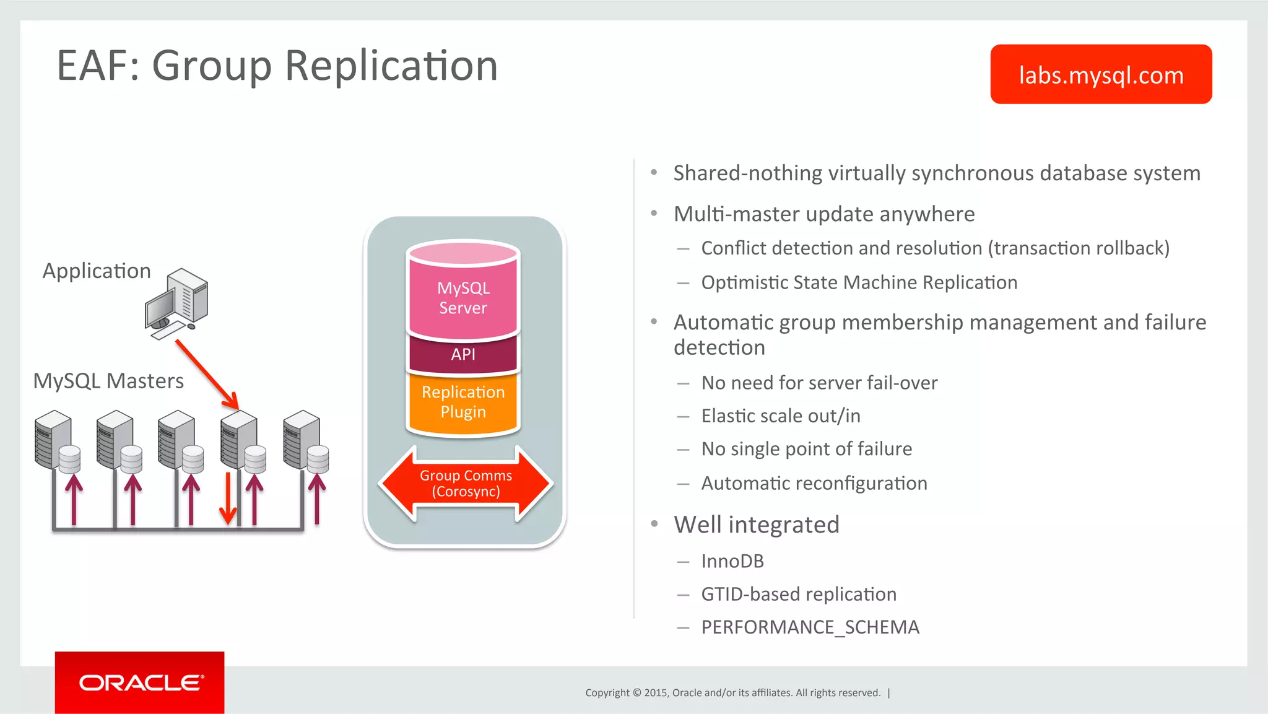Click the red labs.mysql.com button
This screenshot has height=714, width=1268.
pyautogui.click(x=1100, y=74)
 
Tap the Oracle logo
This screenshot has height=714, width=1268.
pyautogui.click(x=140, y=682)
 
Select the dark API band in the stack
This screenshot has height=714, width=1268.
pyautogui.click(x=463, y=354)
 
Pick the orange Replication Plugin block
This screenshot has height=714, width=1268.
pyautogui.click(x=463, y=402)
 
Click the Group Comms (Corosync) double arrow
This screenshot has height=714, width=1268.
pyautogui.click(x=466, y=484)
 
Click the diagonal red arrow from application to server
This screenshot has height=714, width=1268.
pyautogui.click(x=206, y=374)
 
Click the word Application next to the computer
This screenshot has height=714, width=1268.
pyautogui.click(x=97, y=271)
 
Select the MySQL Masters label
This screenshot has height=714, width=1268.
pyautogui.click(x=108, y=381)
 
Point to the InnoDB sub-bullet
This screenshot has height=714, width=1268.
pyautogui.click(x=732, y=561)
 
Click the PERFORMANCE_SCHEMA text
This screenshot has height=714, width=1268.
pyautogui.click(x=810, y=627)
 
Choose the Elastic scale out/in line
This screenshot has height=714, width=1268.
pyautogui.click(x=781, y=416)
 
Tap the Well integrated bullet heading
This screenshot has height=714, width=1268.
pyautogui.click(x=756, y=525)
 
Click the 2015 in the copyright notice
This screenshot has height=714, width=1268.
pyautogui.click(x=655, y=693)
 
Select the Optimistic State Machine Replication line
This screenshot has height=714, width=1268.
pyautogui.click(x=859, y=282)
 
